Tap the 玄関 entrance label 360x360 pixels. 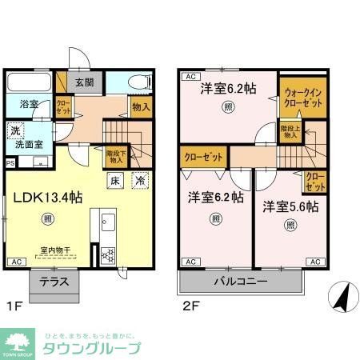[85, 82]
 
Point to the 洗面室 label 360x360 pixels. [26, 145]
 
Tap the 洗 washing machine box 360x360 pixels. [15, 130]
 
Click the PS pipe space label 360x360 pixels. [10, 163]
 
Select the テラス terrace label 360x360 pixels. [54, 282]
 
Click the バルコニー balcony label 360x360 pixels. [240, 282]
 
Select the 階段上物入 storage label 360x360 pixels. [289, 131]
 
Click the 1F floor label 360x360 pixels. [14, 306]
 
